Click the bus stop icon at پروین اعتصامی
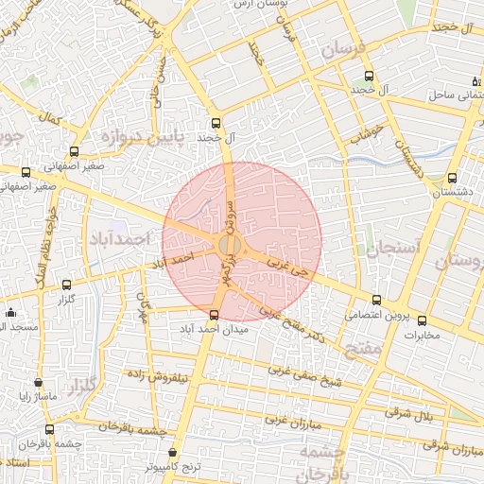click(377, 300)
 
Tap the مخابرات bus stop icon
click(422, 320)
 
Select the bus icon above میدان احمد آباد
click(214, 315)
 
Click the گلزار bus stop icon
click(66, 285)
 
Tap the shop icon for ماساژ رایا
click(38, 384)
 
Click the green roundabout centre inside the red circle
click(229, 246)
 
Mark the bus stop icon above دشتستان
click(452, 176)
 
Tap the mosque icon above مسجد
click(10, 312)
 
